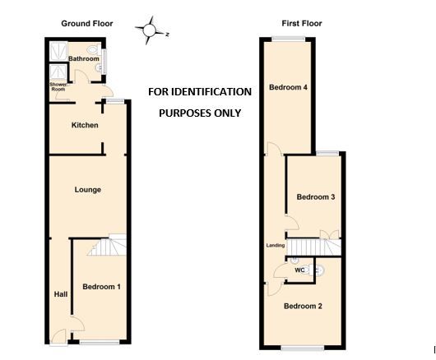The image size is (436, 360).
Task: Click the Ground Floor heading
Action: (87, 24)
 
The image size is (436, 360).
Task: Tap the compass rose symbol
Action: (150, 31)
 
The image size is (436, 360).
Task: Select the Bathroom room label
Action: (83, 59)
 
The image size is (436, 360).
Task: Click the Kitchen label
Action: (86, 125)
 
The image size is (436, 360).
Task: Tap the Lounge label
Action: (88, 190)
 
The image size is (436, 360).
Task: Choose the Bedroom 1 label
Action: (102, 287)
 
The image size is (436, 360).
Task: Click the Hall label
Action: (61, 293)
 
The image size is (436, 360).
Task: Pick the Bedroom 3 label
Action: (316, 197)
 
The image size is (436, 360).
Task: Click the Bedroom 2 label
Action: (303, 307)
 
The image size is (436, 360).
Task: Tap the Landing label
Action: (276, 246)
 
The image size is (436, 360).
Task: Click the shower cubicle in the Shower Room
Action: (57, 52)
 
